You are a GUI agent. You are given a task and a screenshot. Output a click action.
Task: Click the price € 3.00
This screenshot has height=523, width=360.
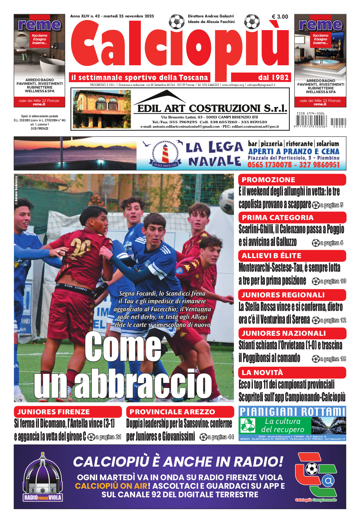click(280, 17)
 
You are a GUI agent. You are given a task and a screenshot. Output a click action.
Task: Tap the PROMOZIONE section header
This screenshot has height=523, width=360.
click(268, 180)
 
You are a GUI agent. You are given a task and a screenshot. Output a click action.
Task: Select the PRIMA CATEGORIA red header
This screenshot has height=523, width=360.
click(278, 218)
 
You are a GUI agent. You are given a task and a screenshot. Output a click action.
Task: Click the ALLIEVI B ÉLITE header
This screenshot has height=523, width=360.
click(271, 256)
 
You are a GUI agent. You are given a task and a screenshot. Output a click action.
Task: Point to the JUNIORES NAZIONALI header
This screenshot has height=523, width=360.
click(284, 333)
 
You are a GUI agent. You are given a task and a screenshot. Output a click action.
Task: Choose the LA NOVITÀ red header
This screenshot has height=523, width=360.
click(262, 373)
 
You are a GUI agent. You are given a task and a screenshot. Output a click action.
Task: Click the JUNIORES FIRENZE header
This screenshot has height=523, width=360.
click(53, 412)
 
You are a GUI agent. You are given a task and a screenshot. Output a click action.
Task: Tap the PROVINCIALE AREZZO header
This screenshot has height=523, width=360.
click(172, 412)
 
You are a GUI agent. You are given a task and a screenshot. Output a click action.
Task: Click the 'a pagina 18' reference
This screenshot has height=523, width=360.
click(333, 359)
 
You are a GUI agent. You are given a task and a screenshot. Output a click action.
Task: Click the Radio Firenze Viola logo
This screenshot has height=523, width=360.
click(43, 478)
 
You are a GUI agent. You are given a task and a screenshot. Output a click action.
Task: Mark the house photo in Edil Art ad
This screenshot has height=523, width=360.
click(102, 109)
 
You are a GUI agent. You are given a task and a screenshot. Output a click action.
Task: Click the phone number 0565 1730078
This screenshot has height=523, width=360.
click(269, 165)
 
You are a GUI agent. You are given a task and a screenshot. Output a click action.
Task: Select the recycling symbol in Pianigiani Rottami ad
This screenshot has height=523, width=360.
click(248, 426)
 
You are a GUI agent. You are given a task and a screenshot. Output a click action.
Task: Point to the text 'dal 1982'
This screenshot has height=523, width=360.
click(273, 78)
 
